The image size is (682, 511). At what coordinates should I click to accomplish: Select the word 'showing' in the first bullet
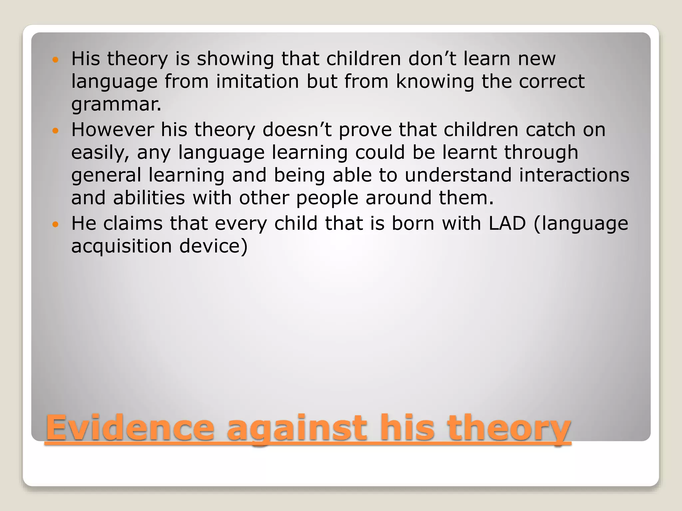[x=235, y=59]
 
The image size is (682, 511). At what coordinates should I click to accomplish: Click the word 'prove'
[x=365, y=130]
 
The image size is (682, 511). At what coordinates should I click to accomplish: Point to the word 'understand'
[x=458, y=175]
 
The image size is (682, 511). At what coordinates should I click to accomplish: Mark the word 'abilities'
[x=149, y=198]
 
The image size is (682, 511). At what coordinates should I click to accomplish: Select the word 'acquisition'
[x=122, y=247]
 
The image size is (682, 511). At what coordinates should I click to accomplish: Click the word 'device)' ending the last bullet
[x=213, y=246]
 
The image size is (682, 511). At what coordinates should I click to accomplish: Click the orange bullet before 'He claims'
[x=56, y=224]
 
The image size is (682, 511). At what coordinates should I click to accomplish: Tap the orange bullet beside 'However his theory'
[x=56, y=130]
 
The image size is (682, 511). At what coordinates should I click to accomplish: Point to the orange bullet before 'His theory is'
[x=56, y=60]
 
